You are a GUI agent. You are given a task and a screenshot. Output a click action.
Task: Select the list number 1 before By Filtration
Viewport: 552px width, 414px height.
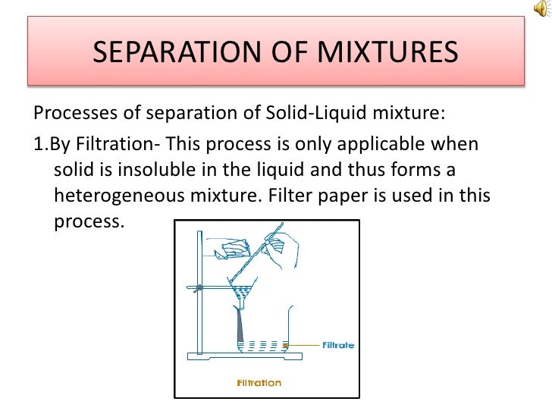39,144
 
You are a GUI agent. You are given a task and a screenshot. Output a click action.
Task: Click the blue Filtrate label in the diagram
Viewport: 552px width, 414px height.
337,345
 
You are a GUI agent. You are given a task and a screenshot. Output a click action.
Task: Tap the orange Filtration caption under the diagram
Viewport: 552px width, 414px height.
259,382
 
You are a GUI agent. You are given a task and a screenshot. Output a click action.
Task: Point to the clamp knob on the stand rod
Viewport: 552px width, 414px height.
199,288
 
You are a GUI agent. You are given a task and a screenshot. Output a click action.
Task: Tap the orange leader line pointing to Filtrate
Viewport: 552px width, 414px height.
303,345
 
